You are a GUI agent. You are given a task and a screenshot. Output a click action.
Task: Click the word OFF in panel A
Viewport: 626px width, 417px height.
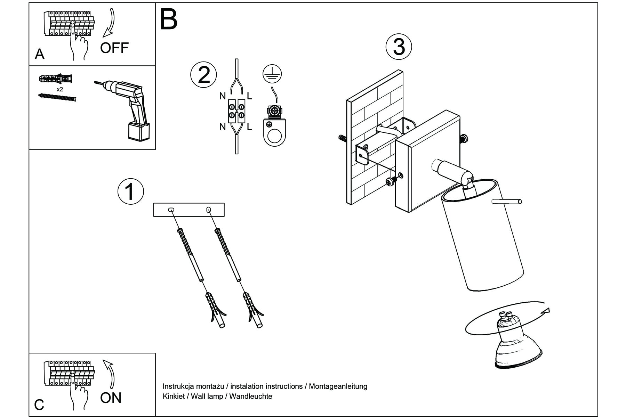pyautogui.click(x=114, y=48)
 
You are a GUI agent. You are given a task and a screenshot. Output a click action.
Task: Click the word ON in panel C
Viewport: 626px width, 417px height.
pyautogui.click(x=111, y=398)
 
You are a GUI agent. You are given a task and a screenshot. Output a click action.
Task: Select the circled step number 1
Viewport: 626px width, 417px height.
pyautogui.click(x=130, y=191)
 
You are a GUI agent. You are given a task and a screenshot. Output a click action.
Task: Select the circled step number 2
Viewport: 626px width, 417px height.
pyautogui.click(x=203, y=75)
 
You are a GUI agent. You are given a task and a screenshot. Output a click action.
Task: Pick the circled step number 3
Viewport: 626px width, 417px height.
pyautogui.click(x=399, y=47)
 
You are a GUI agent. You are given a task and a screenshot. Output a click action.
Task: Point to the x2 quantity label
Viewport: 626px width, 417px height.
pyautogui.click(x=60, y=89)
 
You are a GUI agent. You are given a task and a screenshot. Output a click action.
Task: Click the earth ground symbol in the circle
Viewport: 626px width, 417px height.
pyautogui.click(x=272, y=74)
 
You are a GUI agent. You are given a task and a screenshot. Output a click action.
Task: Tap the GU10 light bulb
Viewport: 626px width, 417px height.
pyautogui.click(x=515, y=344)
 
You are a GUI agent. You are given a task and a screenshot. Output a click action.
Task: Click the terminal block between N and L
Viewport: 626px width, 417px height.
pyautogui.click(x=236, y=111)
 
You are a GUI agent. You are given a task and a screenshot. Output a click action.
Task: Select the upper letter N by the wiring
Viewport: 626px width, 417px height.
pyautogui.click(x=223, y=96)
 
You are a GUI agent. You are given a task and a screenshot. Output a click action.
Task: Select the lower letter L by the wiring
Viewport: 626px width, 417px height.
pyautogui.click(x=249, y=127)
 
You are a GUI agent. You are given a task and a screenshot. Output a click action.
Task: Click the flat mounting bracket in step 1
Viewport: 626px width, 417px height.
pyautogui.click(x=189, y=210)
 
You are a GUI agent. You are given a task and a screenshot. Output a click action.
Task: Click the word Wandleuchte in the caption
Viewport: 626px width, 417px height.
pyautogui.click(x=251, y=396)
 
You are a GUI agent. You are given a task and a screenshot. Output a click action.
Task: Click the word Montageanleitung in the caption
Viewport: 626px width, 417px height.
pyautogui.click(x=338, y=386)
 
